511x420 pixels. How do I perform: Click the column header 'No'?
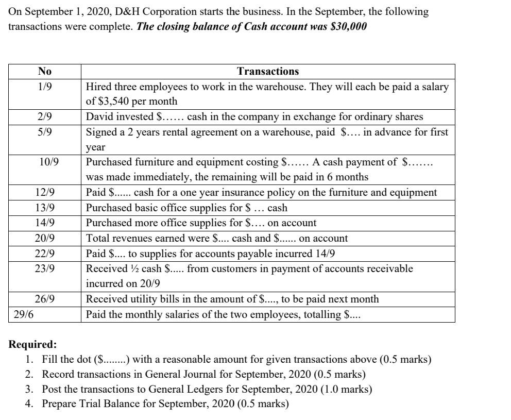pyautogui.click(x=45, y=72)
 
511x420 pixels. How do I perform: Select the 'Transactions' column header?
pyautogui.click(x=268, y=72)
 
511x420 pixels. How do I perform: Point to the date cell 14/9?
pyautogui.click(x=45, y=223)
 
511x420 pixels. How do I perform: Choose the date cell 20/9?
pyautogui.click(x=45, y=239)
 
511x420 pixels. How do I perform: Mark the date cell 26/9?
pyautogui.click(x=45, y=299)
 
